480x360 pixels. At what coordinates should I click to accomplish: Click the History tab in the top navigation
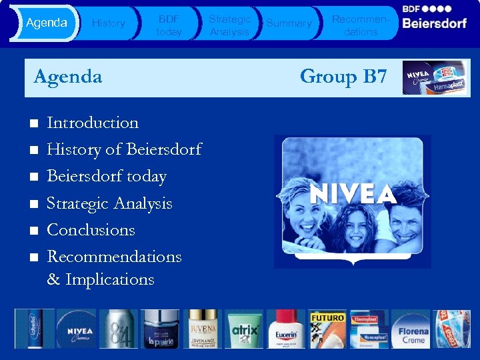(x=108, y=23)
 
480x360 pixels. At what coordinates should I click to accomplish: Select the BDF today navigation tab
(x=169, y=25)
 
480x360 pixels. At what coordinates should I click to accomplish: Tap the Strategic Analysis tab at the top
(x=229, y=25)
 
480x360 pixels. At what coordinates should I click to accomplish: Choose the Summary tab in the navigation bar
(x=289, y=23)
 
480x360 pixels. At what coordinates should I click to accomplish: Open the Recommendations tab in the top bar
(x=361, y=25)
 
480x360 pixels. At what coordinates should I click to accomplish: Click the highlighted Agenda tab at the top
(x=46, y=23)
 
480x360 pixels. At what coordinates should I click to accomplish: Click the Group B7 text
(x=343, y=77)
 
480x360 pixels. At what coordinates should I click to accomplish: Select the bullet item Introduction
(x=93, y=123)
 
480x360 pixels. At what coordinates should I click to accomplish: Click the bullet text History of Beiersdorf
(x=124, y=149)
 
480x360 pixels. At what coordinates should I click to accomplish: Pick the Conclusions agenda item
(x=91, y=230)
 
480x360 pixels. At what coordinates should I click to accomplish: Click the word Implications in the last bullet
(x=109, y=279)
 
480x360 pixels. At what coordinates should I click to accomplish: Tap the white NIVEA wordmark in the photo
(x=353, y=193)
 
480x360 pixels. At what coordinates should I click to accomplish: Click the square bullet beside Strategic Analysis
(x=33, y=204)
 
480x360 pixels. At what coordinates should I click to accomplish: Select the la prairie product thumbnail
(x=161, y=329)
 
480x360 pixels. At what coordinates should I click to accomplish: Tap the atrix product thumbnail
(x=245, y=329)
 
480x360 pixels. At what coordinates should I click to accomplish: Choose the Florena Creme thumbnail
(x=413, y=329)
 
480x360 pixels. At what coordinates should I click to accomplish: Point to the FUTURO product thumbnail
(x=328, y=329)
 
